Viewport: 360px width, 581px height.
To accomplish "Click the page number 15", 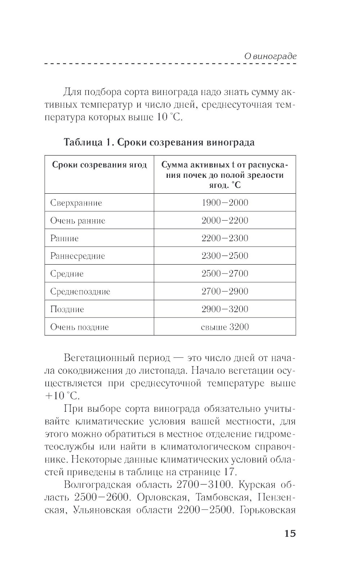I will (290, 533).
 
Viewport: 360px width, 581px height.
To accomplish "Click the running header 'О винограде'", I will (270, 56).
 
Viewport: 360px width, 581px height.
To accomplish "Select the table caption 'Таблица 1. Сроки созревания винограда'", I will (159, 142).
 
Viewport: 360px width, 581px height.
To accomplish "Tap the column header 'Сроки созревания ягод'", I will (99, 165).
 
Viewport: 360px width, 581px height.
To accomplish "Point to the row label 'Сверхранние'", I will (76, 203).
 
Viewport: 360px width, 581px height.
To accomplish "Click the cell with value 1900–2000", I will (225, 202).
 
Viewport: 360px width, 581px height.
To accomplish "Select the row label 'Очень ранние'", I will (77, 220).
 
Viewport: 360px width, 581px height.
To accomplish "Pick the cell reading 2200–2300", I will (225, 238).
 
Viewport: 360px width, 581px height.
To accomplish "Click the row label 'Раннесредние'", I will (77, 256).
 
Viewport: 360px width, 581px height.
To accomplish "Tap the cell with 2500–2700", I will (225, 274).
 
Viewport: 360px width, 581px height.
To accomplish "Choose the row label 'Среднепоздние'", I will (80, 291).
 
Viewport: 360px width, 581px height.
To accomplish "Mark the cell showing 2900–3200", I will (225, 309).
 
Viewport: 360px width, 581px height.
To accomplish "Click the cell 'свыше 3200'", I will (225, 327).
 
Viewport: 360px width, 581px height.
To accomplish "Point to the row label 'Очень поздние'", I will (79, 327).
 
